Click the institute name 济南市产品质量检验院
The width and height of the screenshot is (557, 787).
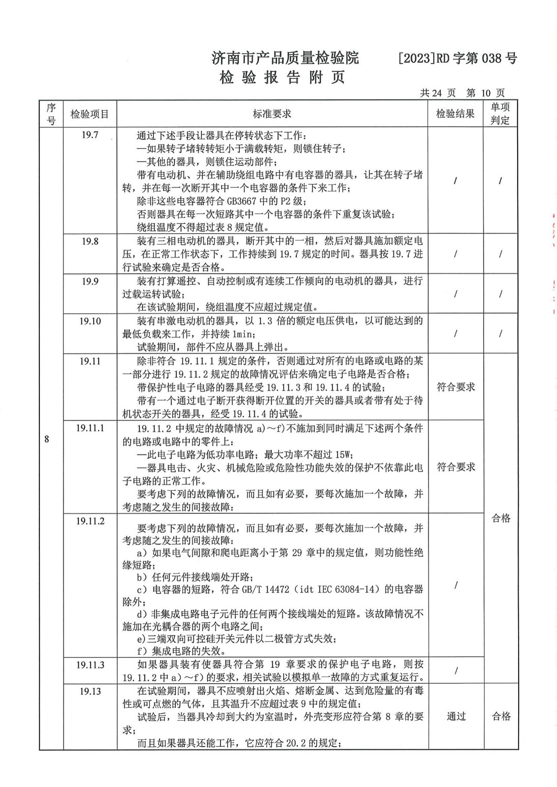(x=285, y=58)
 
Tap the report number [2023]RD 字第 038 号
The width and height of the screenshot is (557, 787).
(x=457, y=59)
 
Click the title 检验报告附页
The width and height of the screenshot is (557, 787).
(x=283, y=77)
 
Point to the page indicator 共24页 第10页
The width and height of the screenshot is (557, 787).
(x=462, y=93)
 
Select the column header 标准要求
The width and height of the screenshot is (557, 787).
(x=272, y=114)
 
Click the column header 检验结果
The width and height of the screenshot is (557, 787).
(x=455, y=114)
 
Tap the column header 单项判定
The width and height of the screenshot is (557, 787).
(x=500, y=114)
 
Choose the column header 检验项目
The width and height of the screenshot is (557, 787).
(x=90, y=114)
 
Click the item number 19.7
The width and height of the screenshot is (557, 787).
(x=90, y=135)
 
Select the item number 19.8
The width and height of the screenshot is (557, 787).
(x=90, y=241)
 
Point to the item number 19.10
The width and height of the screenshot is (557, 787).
(x=90, y=321)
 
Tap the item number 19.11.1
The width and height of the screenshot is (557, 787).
(x=90, y=428)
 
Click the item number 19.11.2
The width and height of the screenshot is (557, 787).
(x=90, y=521)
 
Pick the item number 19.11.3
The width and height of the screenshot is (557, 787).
(x=90, y=665)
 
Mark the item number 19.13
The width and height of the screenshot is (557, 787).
(x=90, y=691)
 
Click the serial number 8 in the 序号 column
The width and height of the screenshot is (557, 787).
(x=47, y=439)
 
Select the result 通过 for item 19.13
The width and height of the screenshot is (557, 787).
(x=456, y=716)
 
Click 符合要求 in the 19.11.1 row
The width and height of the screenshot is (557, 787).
(x=456, y=467)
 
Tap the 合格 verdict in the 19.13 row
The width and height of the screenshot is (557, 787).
(x=501, y=716)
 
